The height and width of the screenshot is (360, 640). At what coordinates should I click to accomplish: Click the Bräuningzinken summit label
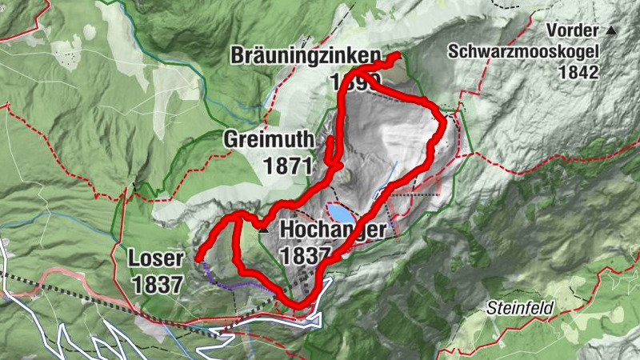[305, 55]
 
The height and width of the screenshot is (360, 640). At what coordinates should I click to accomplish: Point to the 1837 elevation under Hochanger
[306, 255]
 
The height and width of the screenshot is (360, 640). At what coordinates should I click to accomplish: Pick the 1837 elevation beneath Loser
[158, 283]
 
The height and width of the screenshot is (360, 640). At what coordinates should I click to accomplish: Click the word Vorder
[572, 31]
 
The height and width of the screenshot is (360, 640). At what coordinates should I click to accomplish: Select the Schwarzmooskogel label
[523, 51]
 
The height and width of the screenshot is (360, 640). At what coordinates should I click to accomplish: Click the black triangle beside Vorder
[612, 30]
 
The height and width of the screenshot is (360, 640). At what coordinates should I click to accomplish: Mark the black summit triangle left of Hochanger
[263, 229]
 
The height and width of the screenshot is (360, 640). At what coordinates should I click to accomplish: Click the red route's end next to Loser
[197, 258]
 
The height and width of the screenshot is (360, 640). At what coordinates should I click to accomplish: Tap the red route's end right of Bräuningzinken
[397, 54]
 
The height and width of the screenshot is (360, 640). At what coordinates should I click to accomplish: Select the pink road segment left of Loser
[72, 276]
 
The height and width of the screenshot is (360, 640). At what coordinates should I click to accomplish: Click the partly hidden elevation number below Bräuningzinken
[350, 82]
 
